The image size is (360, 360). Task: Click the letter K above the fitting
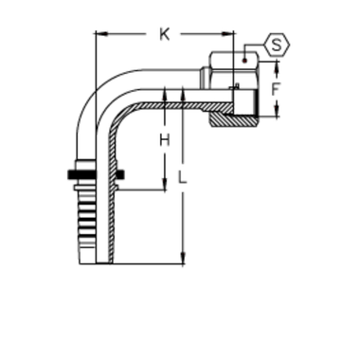tap(164, 36)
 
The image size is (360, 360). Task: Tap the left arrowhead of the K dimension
tap(94, 36)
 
